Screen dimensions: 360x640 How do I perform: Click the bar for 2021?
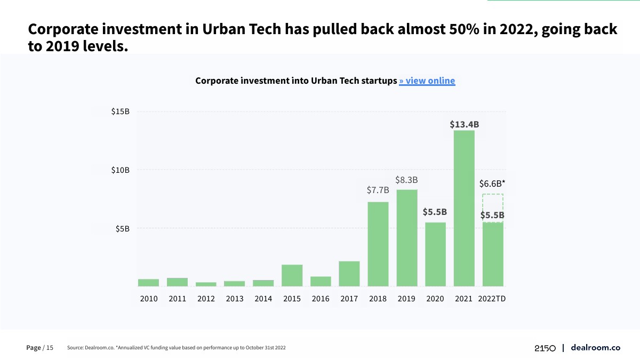[464, 208]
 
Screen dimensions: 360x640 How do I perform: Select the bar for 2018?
[378, 244]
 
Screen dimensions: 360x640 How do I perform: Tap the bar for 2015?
[292, 275]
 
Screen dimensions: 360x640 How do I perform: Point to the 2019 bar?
[407, 238]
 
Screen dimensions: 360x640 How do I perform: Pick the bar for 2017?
[349, 274]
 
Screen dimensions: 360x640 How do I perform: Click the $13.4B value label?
[464, 124]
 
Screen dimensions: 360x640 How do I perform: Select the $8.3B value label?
[406, 180]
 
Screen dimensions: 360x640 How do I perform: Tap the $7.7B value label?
[378, 190]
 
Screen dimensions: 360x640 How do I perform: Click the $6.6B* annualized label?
[492, 183]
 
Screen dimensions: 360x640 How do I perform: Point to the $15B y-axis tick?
[120, 112]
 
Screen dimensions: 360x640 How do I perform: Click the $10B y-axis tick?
[120, 170]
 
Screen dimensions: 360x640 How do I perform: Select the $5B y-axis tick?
[122, 229]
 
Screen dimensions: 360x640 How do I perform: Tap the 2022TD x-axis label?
[492, 299]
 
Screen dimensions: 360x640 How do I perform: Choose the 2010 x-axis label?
[149, 299]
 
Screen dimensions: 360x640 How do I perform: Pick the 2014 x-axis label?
[263, 299]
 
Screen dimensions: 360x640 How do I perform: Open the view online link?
[427, 81]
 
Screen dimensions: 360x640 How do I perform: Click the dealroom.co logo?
[595, 348]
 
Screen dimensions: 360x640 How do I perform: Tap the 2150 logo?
[545, 348]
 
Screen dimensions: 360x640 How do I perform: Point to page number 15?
[50, 348]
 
